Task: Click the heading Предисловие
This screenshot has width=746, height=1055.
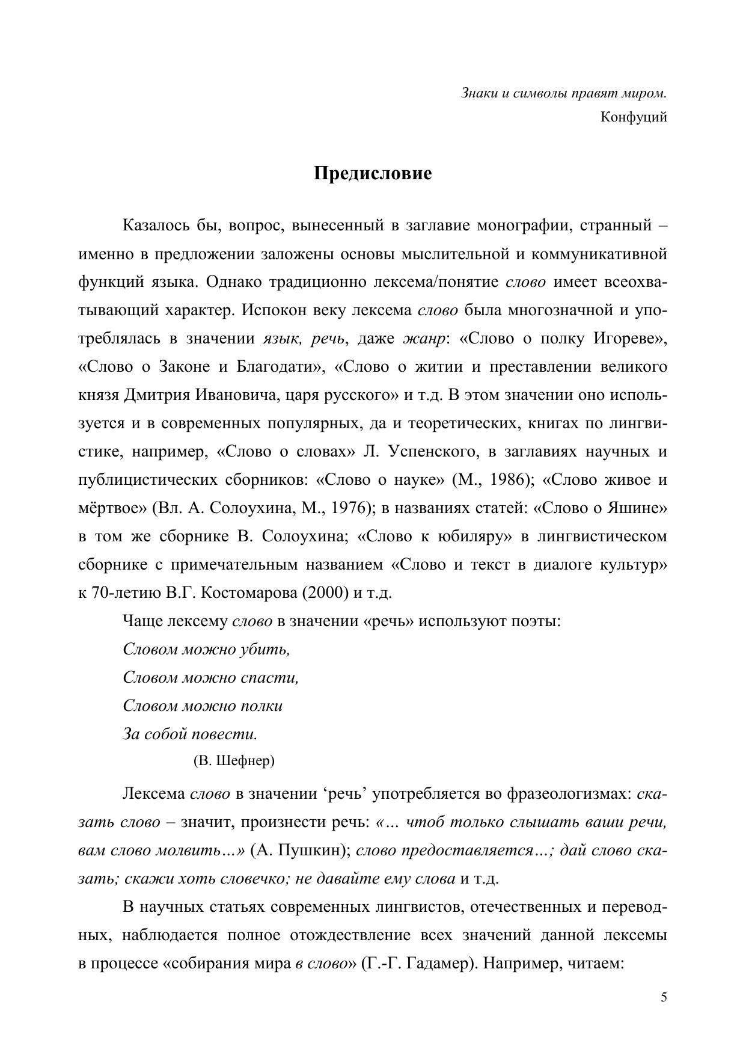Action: [x=373, y=174]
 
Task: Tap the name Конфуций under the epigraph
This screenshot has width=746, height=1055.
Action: [x=634, y=117]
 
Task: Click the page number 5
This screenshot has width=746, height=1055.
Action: [x=664, y=998]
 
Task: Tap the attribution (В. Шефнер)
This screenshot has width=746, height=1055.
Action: [x=234, y=761]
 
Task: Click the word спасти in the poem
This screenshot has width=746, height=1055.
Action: [x=269, y=678]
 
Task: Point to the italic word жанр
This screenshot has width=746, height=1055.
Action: [x=424, y=339]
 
